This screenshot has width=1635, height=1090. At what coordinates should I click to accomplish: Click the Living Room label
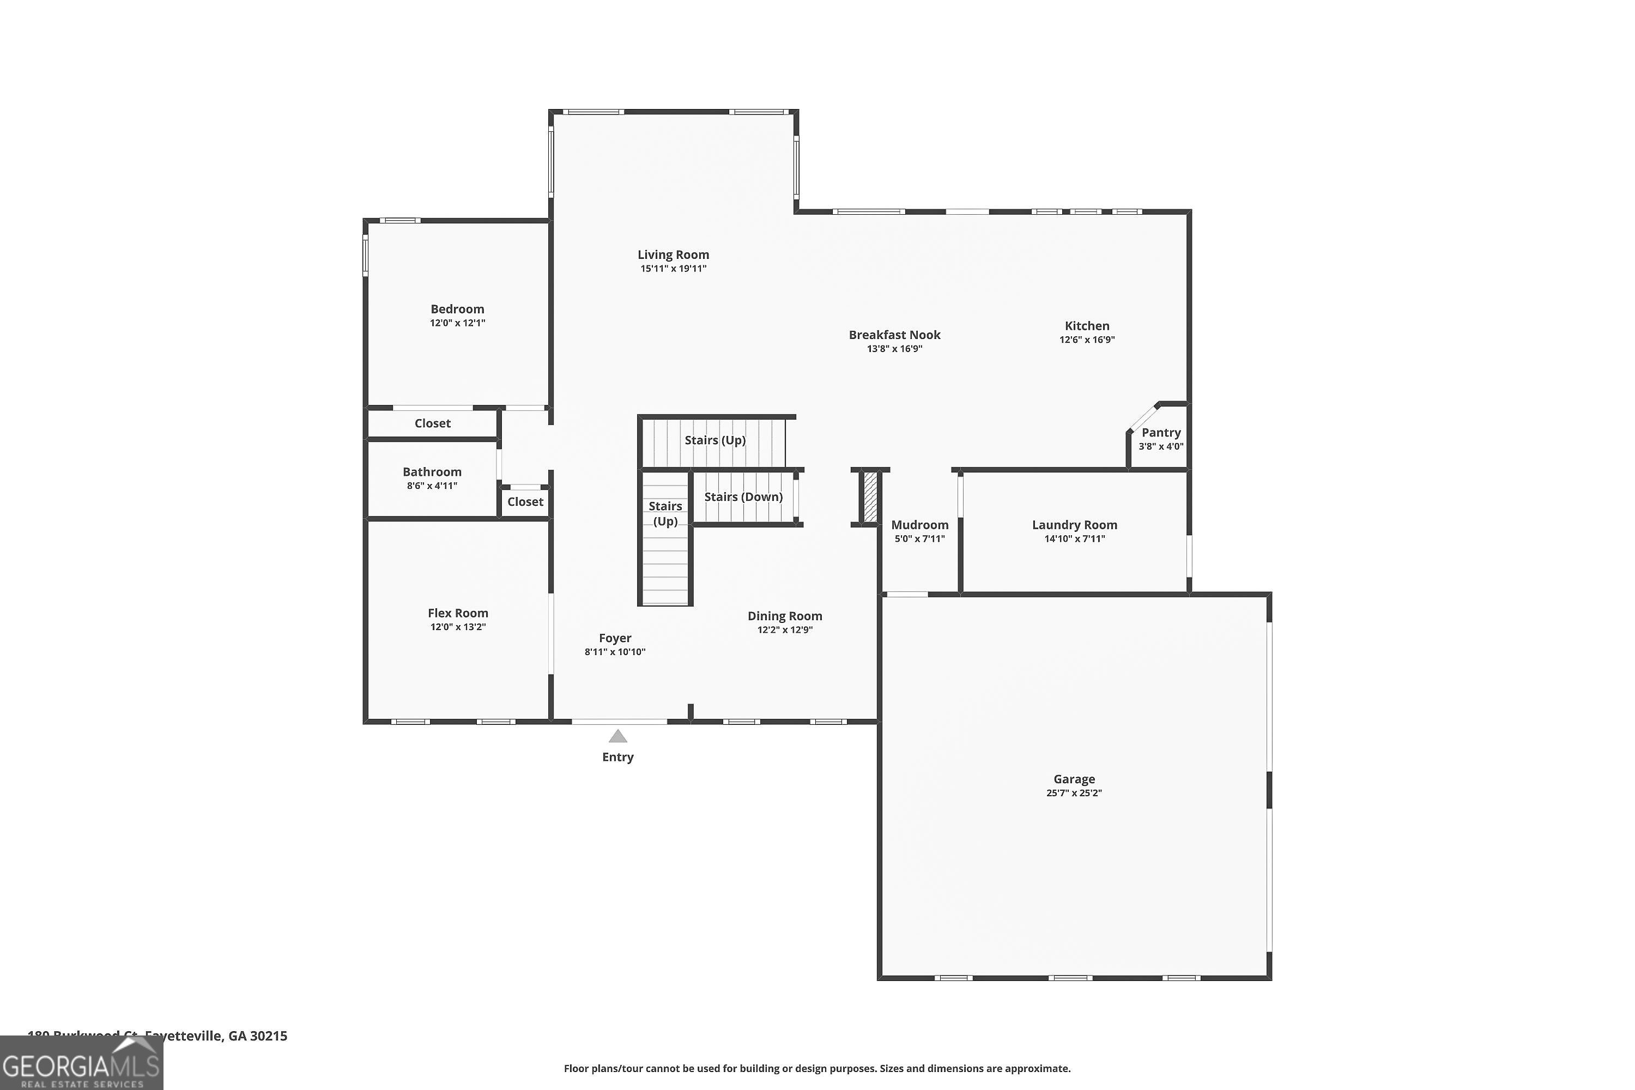673,255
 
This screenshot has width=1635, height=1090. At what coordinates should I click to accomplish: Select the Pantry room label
1161,432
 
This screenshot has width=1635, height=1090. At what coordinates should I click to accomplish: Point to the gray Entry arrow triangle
618,736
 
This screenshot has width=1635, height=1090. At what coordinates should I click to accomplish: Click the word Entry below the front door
617,757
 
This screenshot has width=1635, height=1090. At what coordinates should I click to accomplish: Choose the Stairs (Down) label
743,497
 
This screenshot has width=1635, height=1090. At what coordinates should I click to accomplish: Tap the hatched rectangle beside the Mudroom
870,497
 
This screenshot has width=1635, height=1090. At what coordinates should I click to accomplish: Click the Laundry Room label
1074,525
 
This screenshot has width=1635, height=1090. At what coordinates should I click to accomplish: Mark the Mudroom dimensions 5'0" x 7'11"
919,539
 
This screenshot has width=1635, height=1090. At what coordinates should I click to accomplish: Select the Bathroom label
432,472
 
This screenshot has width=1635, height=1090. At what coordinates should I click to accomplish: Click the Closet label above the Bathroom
432,423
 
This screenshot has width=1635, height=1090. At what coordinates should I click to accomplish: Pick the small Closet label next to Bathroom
525,502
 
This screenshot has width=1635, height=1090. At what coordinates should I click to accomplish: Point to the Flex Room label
457,613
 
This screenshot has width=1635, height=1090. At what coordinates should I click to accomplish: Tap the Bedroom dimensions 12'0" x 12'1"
457,323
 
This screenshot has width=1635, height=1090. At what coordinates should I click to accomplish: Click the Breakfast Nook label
894,335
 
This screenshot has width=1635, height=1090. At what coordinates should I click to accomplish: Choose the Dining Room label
784,616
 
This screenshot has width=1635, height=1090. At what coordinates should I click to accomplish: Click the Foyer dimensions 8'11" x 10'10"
615,652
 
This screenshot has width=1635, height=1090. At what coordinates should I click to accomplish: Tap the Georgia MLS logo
81,1064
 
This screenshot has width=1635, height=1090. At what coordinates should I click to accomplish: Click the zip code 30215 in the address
268,1036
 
